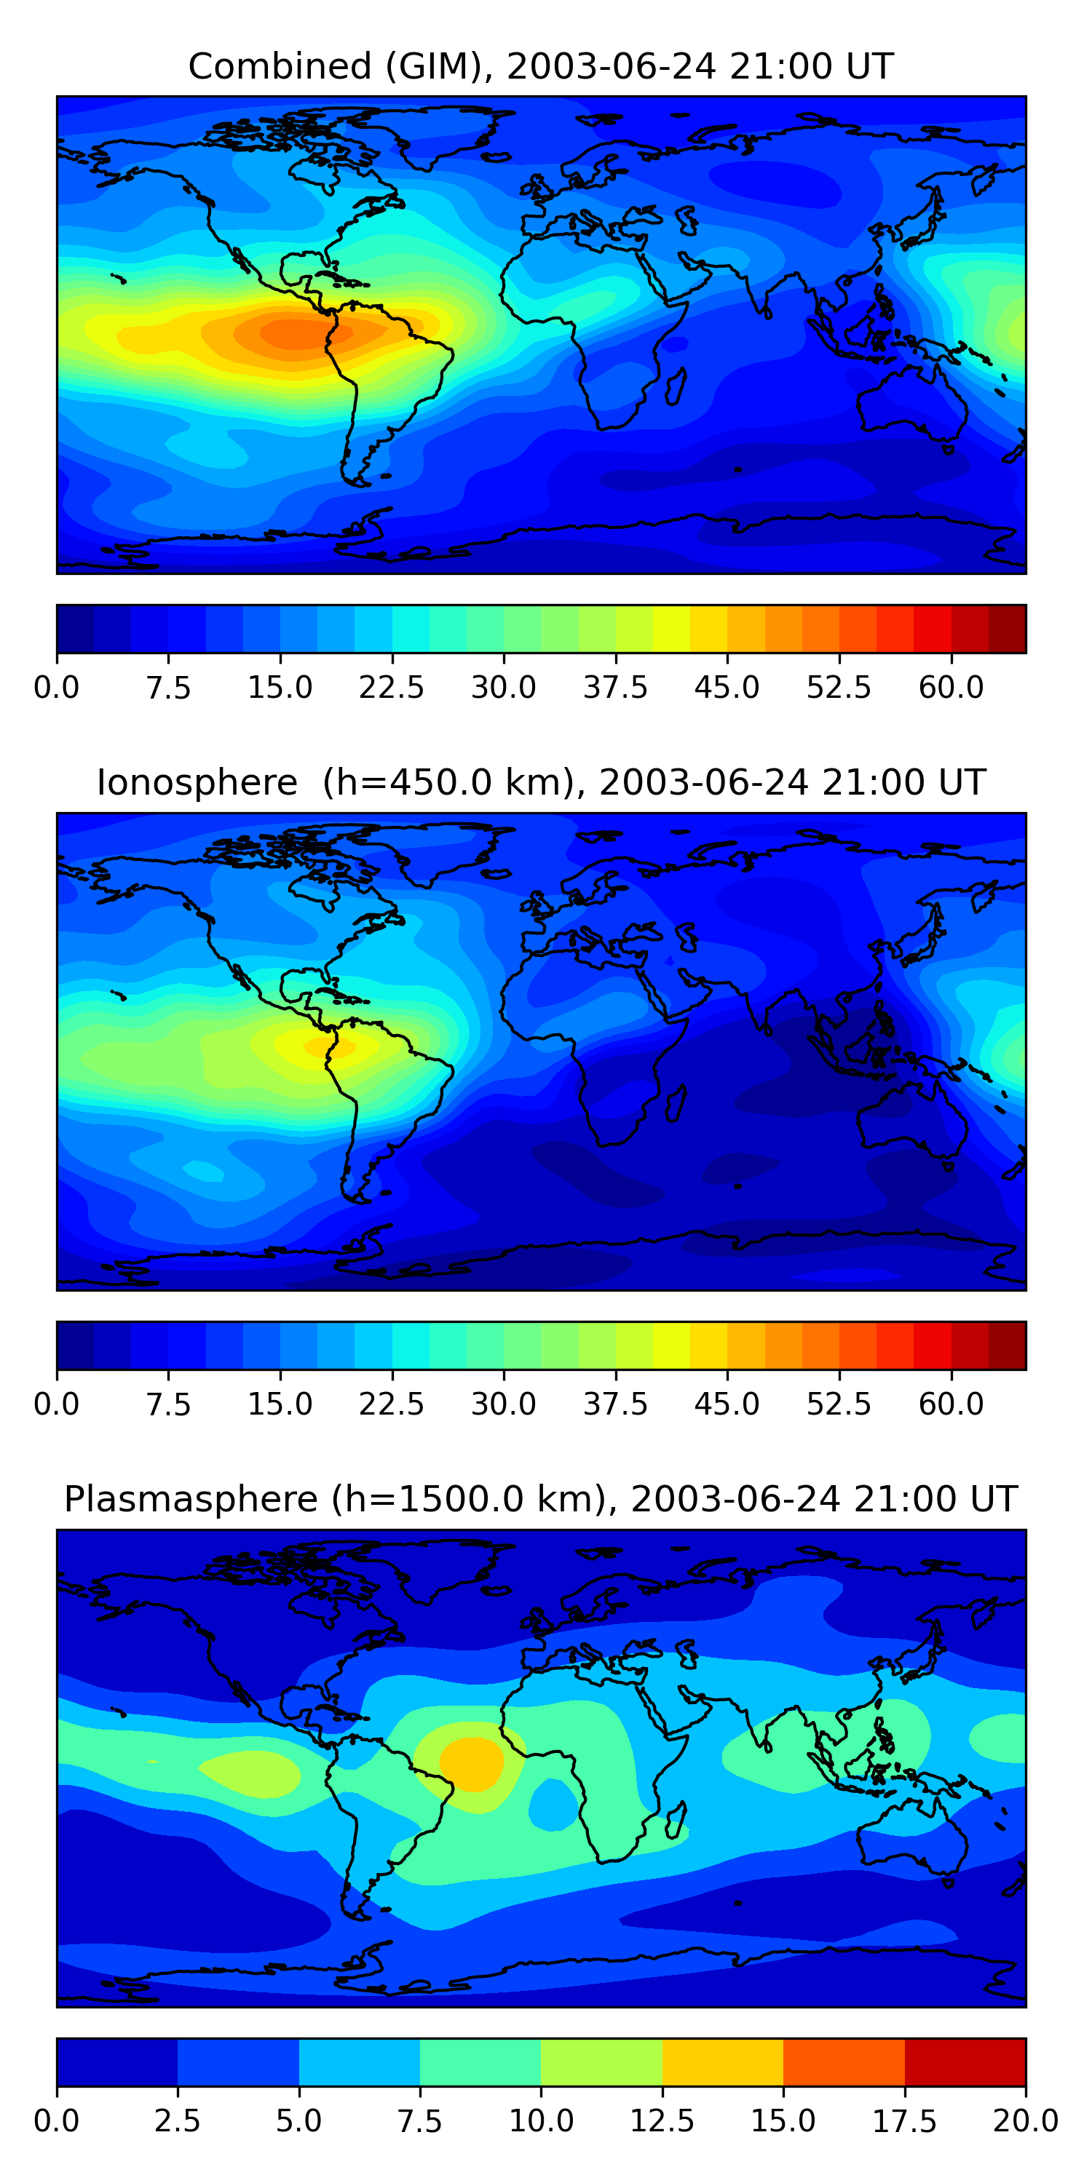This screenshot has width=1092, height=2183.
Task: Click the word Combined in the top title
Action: pos(280,66)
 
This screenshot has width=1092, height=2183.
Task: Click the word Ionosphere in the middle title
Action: pos(197,782)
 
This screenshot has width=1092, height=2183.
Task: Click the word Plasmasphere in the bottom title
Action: pos(191,1500)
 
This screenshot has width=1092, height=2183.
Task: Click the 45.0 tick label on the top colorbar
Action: pos(727,687)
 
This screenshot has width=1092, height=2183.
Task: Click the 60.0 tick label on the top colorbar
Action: pos(951,687)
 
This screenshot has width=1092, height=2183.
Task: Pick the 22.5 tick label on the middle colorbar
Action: pos(391,1404)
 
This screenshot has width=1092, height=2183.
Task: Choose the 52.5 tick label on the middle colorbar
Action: pos(839,1404)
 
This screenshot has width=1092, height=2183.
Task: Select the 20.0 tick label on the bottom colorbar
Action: pos(1026,2121)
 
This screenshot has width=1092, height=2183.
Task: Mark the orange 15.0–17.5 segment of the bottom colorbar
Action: pos(844,2061)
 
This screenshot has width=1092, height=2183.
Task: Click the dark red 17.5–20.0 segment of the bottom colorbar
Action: pos(965,2061)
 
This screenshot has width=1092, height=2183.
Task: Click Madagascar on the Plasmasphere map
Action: pos(675,1821)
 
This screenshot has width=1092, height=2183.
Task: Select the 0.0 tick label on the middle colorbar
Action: pos(57,1404)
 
